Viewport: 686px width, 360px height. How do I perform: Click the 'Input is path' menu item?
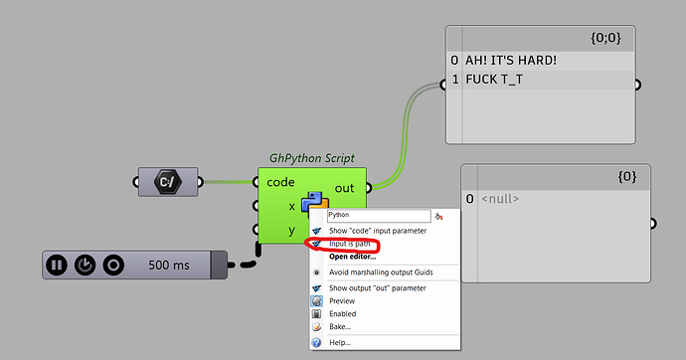pyautogui.click(x=356, y=243)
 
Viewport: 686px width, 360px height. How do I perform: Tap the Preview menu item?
pyautogui.click(x=342, y=300)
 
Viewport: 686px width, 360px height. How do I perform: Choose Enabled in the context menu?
pyautogui.click(x=342, y=313)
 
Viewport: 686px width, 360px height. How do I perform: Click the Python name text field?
pyautogui.click(x=378, y=214)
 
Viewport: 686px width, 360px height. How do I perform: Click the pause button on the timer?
pyautogui.click(x=58, y=266)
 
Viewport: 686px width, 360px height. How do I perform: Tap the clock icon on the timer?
pyautogui.click(x=86, y=266)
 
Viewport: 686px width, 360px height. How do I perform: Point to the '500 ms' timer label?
pyautogui.click(x=170, y=266)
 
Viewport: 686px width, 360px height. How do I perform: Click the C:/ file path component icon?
pyautogui.click(x=168, y=182)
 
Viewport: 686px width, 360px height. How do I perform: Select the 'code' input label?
pyautogui.click(x=281, y=183)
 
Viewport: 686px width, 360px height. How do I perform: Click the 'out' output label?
pyautogui.click(x=344, y=187)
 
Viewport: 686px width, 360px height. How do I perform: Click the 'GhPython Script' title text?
pyautogui.click(x=311, y=158)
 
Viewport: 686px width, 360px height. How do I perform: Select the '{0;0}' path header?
pyautogui.click(x=606, y=39)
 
